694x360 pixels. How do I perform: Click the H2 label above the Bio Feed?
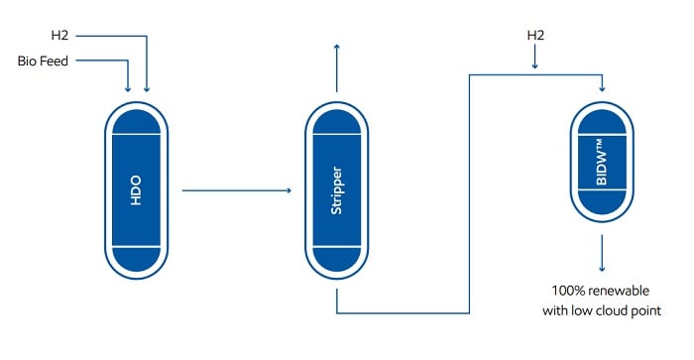click(61, 38)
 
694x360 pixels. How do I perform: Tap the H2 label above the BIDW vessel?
click(535, 36)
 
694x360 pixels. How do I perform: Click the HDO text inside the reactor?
click(137, 189)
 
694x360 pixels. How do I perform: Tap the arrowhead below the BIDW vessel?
click(602, 269)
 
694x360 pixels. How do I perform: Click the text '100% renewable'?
click(602, 292)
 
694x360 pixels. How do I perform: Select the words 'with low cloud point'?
click(602, 311)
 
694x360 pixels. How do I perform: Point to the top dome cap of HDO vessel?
click(137, 122)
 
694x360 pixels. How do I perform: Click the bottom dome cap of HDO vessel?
click(137, 259)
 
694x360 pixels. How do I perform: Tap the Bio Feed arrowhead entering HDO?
click(129, 88)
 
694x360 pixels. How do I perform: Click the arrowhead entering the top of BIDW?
click(602, 88)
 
